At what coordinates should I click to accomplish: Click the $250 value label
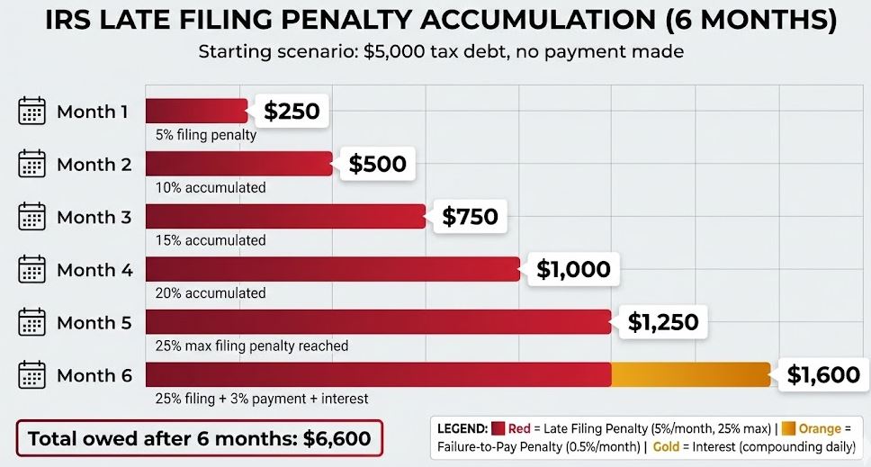[x=292, y=111]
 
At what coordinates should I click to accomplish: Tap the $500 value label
[x=377, y=164]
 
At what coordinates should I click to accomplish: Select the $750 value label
[x=470, y=217]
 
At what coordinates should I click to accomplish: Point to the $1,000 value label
[x=573, y=269]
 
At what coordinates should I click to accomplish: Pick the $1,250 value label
[x=662, y=321]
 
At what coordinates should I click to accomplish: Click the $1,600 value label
[x=823, y=374]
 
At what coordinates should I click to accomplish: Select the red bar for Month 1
[x=196, y=111]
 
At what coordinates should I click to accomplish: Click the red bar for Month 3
[x=285, y=217]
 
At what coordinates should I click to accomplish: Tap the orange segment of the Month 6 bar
[x=690, y=374]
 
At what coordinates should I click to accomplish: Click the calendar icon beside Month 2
[x=31, y=165]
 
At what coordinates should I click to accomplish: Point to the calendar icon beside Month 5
[x=31, y=322]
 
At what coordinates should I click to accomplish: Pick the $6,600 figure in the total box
[x=337, y=439]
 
